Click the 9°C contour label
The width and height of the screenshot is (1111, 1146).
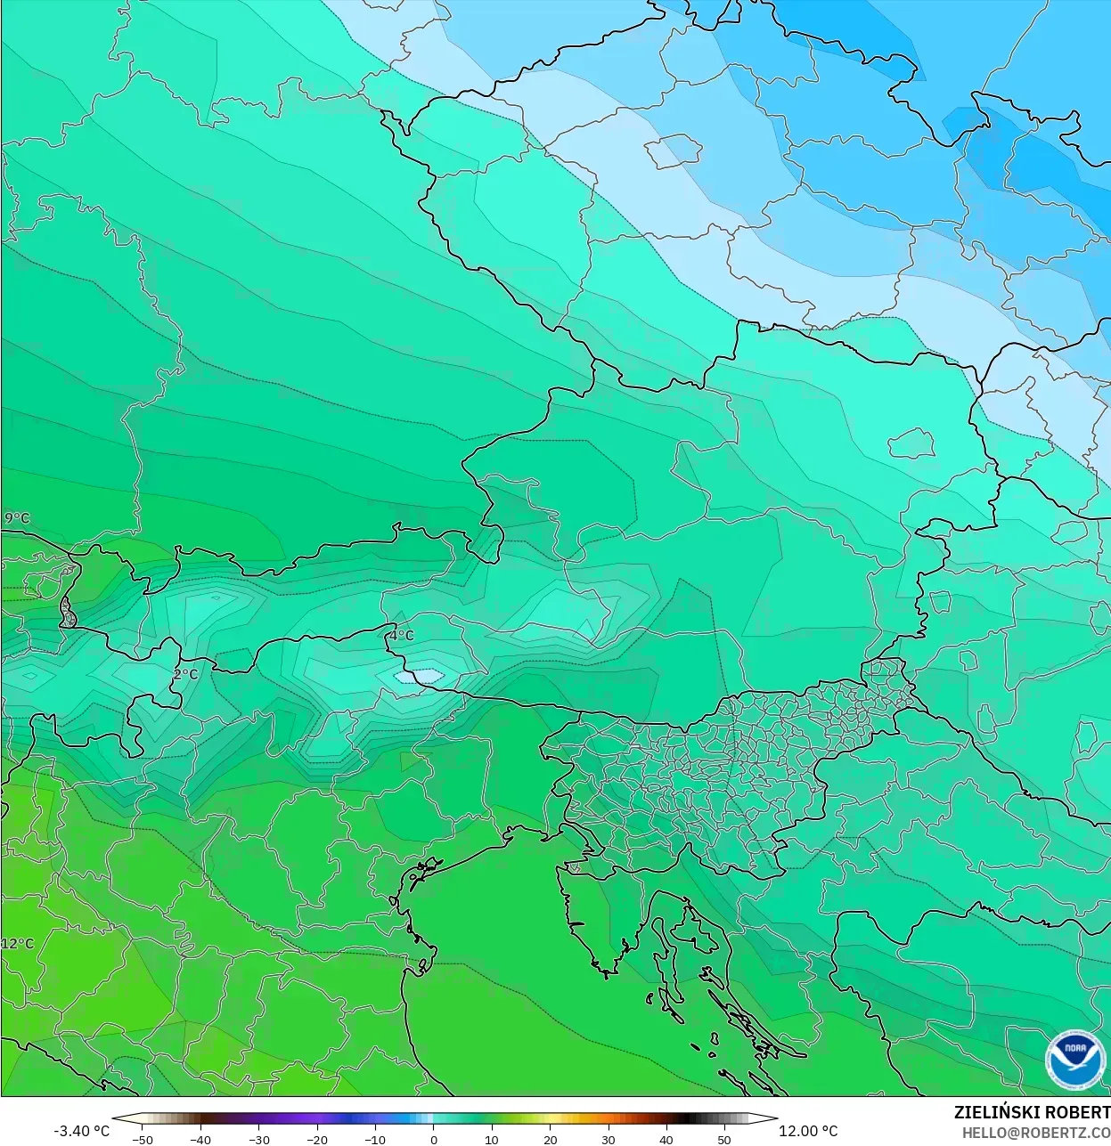(x=17, y=518)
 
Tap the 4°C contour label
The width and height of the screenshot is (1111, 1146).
(x=402, y=636)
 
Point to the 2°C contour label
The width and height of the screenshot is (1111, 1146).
(x=186, y=674)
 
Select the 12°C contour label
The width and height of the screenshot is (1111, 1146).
(x=17, y=944)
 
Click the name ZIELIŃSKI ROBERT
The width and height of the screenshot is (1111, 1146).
(x=1032, y=1112)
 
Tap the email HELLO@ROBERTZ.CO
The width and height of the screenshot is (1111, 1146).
(x=1035, y=1132)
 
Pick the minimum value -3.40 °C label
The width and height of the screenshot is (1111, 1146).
(x=82, y=1131)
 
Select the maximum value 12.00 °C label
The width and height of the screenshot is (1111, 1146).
(x=808, y=1131)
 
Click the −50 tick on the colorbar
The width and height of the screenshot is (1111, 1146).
(x=142, y=1140)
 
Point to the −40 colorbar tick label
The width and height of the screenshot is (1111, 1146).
(x=200, y=1140)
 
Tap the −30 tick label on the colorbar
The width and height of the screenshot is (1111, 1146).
(x=258, y=1140)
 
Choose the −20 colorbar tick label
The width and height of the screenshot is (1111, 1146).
(x=317, y=1140)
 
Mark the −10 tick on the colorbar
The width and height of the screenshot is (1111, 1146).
(x=375, y=1140)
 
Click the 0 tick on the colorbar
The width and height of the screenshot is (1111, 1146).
(x=434, y=1140)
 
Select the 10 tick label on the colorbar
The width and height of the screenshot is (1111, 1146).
(x=492, y=1140)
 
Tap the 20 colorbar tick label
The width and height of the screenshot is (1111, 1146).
(x=551, y=1140)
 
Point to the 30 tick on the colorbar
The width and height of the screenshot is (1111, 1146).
(x=609, y=1140)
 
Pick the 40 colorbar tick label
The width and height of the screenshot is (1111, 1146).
(x=666, y=1140)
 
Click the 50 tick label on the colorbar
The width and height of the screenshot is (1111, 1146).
(x=725, y=1140)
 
